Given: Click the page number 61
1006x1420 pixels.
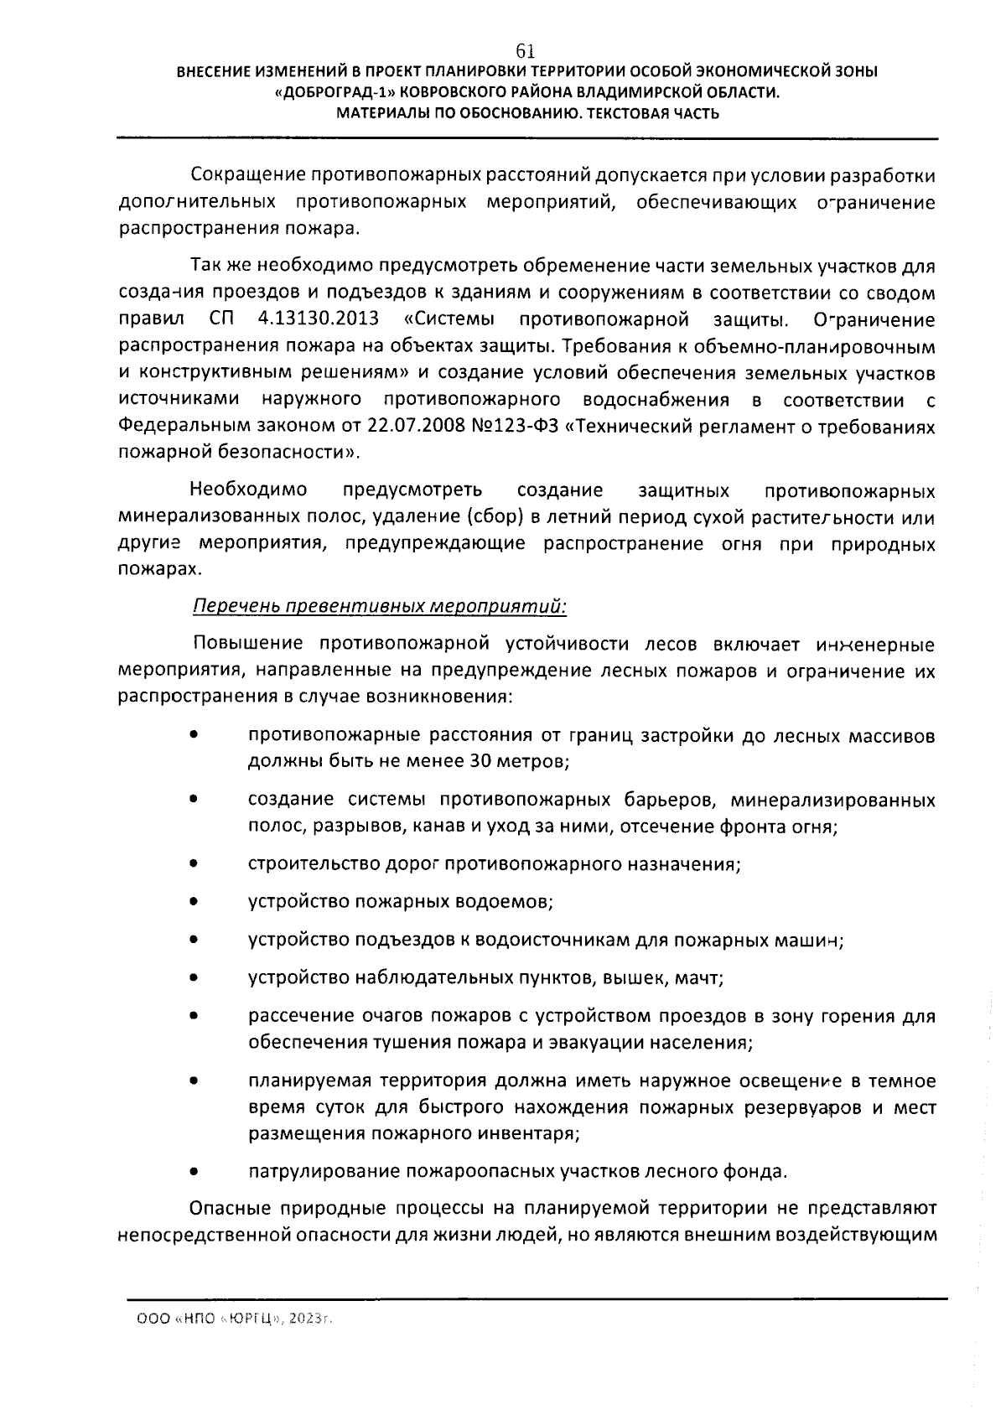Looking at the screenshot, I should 526,50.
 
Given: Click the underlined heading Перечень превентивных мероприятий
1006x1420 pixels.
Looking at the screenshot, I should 379,606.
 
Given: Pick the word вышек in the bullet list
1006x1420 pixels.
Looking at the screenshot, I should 625,978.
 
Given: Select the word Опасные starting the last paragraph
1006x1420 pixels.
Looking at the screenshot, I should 231,1209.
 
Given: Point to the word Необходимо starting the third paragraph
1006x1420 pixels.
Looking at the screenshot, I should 248,489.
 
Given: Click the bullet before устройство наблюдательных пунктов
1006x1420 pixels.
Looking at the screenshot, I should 193,978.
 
